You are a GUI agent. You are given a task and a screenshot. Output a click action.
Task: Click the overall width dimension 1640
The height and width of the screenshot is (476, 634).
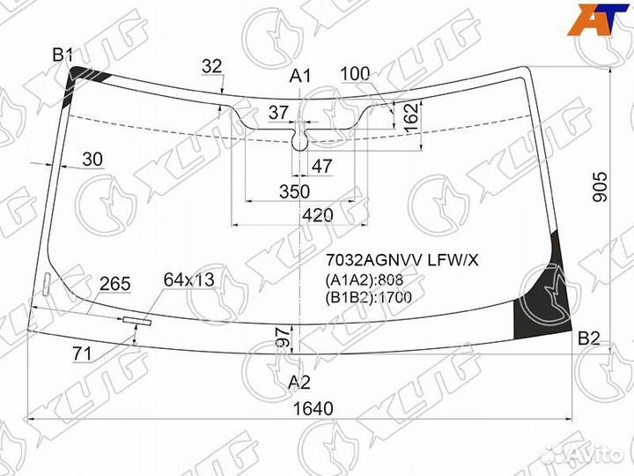point(313,409)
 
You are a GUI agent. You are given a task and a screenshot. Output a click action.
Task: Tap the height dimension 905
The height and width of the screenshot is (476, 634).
point(600,187)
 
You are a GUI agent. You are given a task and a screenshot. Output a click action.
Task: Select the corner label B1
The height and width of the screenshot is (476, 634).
point(63,55)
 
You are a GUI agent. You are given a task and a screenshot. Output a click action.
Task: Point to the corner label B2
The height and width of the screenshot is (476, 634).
point(589,338)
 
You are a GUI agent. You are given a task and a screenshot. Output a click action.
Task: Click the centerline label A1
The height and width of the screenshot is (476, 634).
point(300,76)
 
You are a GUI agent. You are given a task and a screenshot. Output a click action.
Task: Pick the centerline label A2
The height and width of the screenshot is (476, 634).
point(299,382)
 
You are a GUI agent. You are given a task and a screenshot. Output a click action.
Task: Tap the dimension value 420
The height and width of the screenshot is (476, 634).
point(317,215)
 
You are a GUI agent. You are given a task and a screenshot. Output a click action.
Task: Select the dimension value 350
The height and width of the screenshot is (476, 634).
point(294,191)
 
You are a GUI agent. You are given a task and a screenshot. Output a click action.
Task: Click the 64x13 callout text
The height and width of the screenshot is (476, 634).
point(188,279)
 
